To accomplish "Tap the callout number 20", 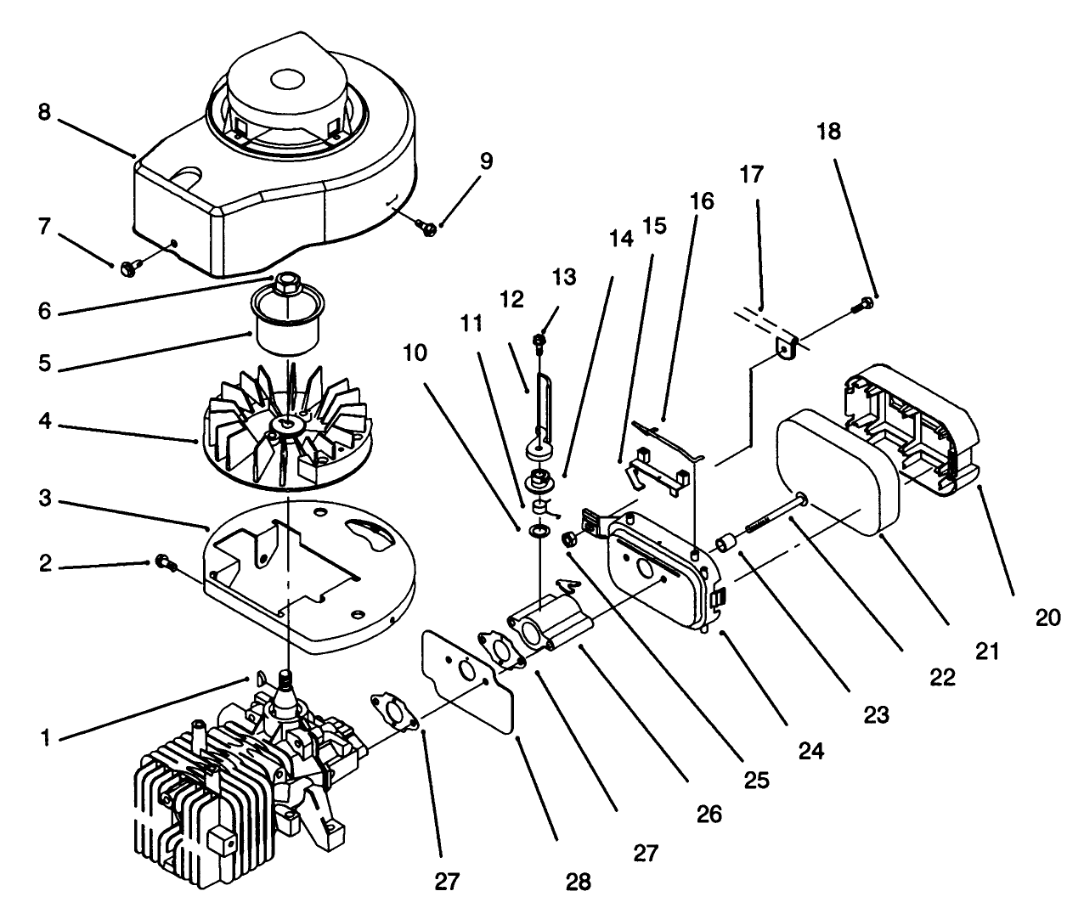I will (1047, 618).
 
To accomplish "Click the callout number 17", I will (752, 175).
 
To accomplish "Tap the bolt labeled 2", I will (163, 562).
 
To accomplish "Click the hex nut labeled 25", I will (573, 538).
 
